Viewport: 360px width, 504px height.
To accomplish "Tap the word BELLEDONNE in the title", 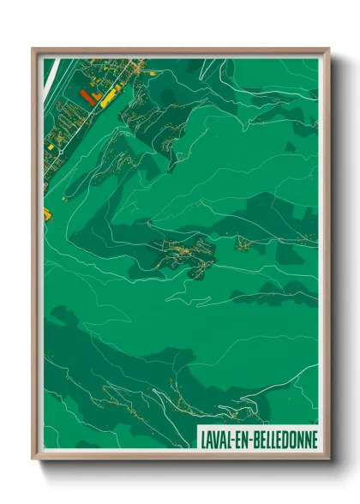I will point(284,439).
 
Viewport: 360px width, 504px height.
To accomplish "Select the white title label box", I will point(257,439).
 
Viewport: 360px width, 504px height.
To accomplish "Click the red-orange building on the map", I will point(86,96).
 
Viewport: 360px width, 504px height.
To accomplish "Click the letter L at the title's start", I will point(202,439).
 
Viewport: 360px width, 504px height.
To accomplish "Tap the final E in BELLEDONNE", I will point(314,439).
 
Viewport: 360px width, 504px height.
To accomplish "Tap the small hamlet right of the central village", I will point(244,246).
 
